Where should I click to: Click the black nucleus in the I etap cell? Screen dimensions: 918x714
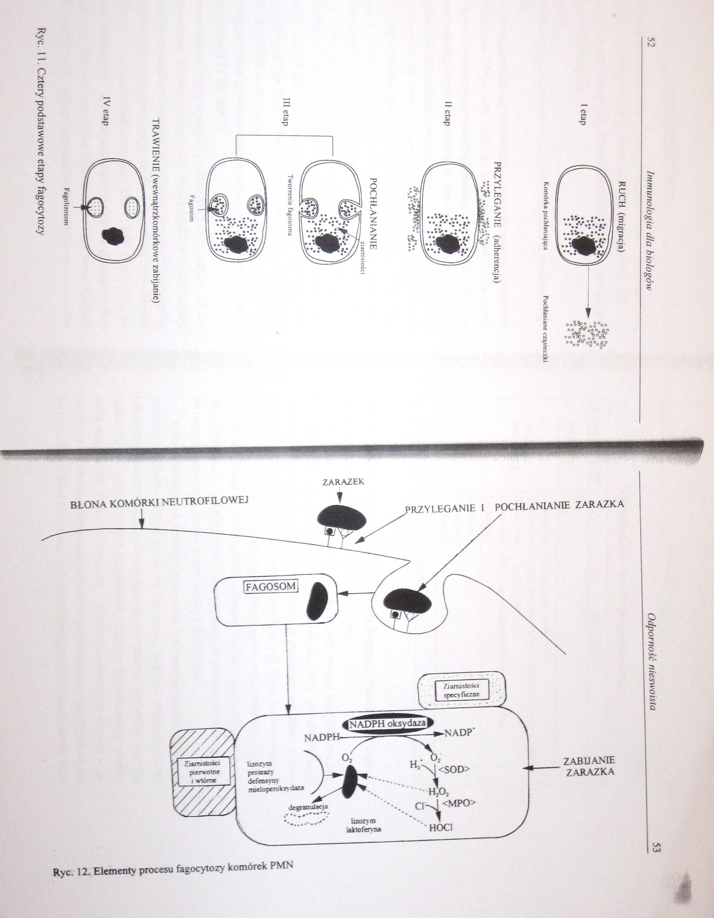(583, 246)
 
